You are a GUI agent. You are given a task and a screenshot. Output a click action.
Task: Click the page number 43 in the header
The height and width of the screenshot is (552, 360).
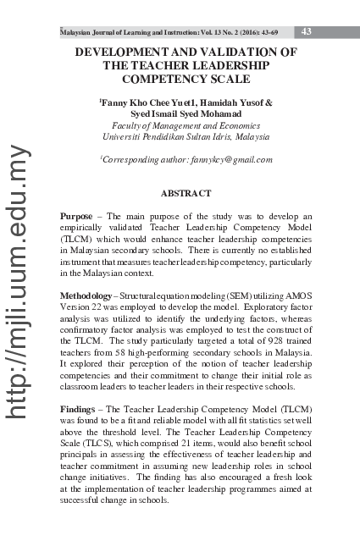click(x=307, y=31)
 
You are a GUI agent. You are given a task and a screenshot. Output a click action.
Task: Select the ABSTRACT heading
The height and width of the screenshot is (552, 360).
click(x=186, y=194)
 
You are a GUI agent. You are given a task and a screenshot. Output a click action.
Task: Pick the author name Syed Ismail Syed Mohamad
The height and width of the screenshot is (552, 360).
click(x=186, y=113)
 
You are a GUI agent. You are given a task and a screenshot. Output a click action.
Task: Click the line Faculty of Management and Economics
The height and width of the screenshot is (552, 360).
click(x=186, y=124)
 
